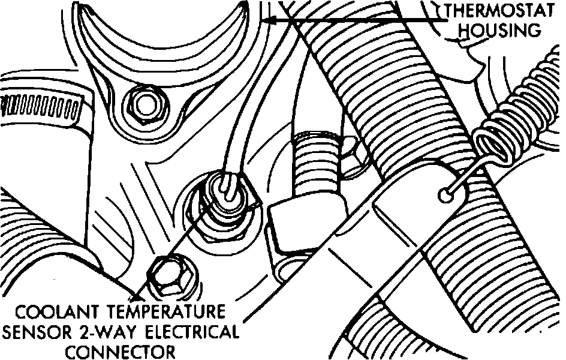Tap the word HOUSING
coord(502,30)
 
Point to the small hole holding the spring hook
coord(444,193)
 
